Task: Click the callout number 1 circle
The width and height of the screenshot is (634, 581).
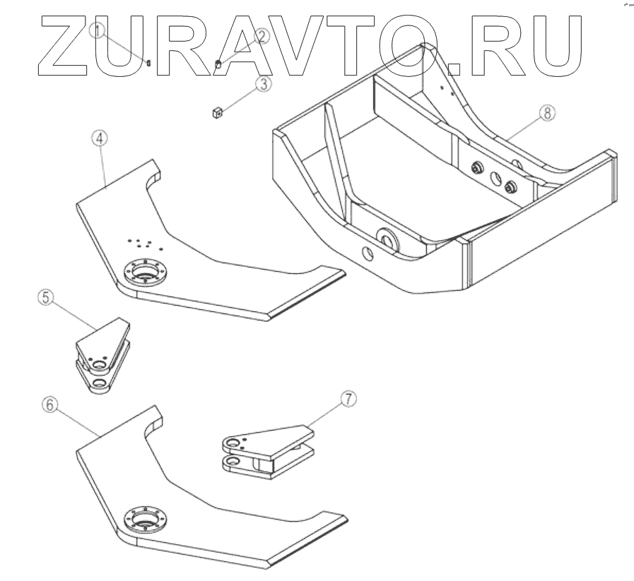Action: click(99, 30)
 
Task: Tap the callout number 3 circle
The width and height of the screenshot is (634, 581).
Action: click(262, 84)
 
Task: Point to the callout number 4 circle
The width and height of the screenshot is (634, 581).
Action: click(100, 138)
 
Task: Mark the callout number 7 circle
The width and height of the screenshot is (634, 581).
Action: click(348, 399)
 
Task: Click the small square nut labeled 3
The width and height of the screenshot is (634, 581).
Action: click(218, 112)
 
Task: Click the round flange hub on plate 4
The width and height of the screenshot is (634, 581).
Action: click(146, 272)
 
